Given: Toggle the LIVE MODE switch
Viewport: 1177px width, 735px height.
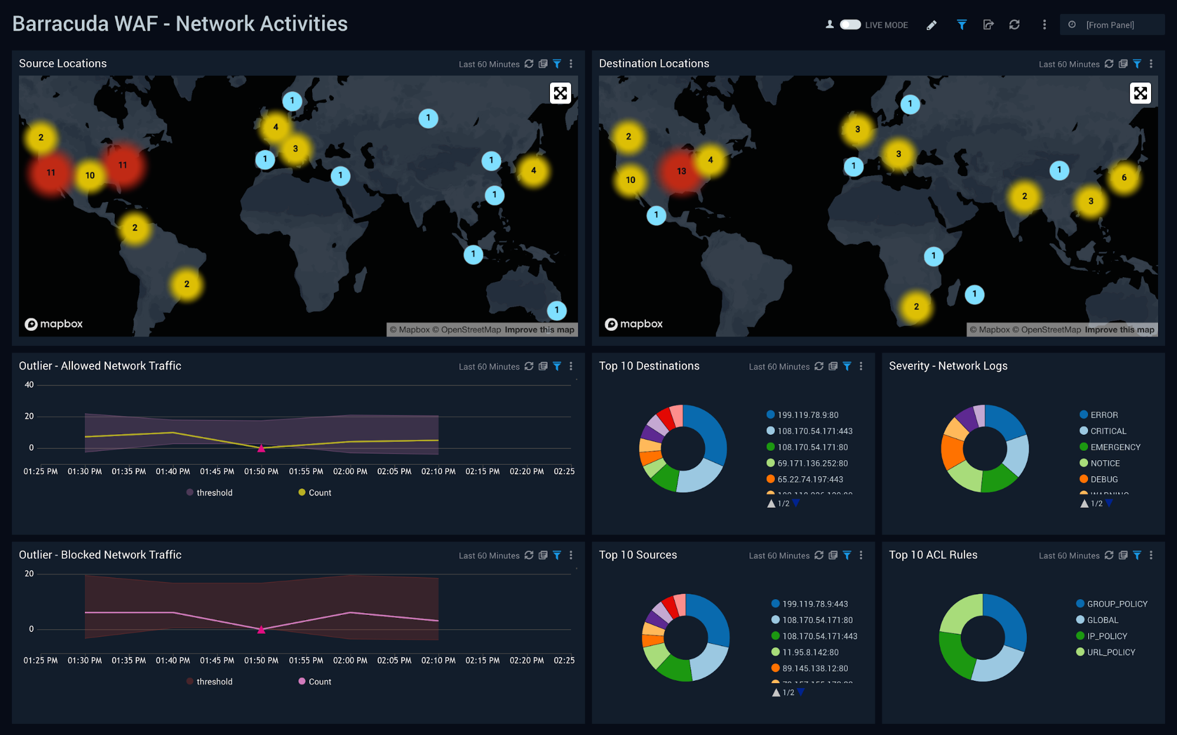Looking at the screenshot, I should pyautogui.click(x=850, y=25).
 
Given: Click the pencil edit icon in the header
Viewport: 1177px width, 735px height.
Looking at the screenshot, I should pyautogui.click(x=931, y=25).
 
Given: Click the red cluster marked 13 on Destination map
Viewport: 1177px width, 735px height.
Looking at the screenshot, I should pyautogui.click(x=681, y=171).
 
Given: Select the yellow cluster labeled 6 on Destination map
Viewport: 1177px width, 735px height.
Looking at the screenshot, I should pyautogui.click(x=1123, y=177).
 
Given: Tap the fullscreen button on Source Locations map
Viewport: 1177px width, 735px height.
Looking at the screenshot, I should pyautogui.click(x=560, y=93).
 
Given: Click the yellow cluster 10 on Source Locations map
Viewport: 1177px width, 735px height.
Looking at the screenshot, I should pyautogui.click(x=90, y=175).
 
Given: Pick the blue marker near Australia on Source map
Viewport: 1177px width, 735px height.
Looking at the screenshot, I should pyautogui.click(x=556, y=310).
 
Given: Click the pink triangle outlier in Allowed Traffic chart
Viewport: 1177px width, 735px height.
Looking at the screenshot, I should pyautogui.click(x=261, y=448).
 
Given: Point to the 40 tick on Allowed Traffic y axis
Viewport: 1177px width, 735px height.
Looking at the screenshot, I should pyautogui.click(x=29, y=385).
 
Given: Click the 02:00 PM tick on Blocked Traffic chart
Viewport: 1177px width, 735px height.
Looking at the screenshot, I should pyautogui.click(x=350, y=660).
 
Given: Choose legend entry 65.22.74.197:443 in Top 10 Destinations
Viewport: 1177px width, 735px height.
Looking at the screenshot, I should pyautogui.click(x=810, y=479).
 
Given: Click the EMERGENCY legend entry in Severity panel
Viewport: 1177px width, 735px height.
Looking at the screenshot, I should pyautogui.click(x=1115, y=447).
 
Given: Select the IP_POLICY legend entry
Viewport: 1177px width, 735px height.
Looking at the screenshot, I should pyautogui.click(x=1106, y=636).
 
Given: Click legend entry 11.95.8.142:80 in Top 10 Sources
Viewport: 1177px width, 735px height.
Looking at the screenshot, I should pyautogui.click(x=810, y=652).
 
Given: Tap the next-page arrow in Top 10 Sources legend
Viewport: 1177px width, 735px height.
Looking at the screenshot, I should pyautogui.click(x=801, y=692).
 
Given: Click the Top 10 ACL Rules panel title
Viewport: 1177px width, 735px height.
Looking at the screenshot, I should pyautogui.click(x=933, y=555).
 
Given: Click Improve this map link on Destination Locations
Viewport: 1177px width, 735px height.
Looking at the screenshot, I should pyautogui.click(x=1119, y=330).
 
